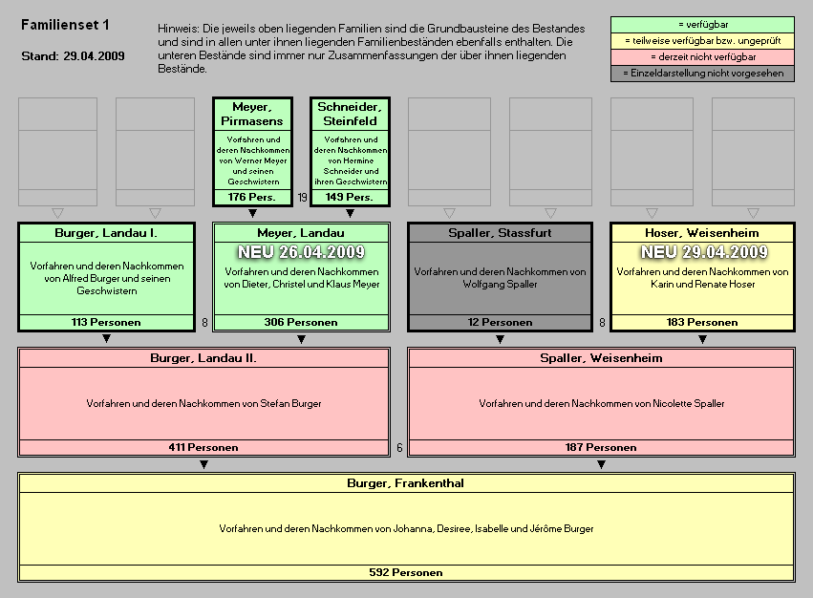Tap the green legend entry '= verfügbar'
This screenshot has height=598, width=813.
tap(702, 24)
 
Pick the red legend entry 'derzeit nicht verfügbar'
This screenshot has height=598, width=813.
tap(702, 57)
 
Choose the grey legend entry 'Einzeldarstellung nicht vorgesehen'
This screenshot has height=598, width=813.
tap(702, 74)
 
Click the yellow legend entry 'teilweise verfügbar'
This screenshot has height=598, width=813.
tap(702, 41)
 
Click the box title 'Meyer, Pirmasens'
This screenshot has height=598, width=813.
tap(252, 114)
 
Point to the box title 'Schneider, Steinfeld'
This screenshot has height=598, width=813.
tap(350, 114)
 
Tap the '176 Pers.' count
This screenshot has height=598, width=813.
tap(252, 197)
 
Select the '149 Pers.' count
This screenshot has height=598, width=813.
tap(350, 197)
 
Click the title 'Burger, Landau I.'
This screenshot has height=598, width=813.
tap(106, 233)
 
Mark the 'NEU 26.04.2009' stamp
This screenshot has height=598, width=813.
tap(301, 252)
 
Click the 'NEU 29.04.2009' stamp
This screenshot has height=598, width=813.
tap(703, 252)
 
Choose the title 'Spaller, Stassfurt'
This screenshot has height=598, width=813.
tap(500, 233)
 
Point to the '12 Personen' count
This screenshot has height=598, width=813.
tap(500, 322)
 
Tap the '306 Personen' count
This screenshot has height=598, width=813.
tap(301, 322)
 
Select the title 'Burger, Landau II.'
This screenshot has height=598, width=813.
tap(203, 358)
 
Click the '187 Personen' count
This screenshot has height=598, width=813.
tap(601, 447)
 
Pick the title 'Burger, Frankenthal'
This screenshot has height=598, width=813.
tap(406, 483)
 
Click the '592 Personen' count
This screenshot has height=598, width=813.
tap(406, 572)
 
